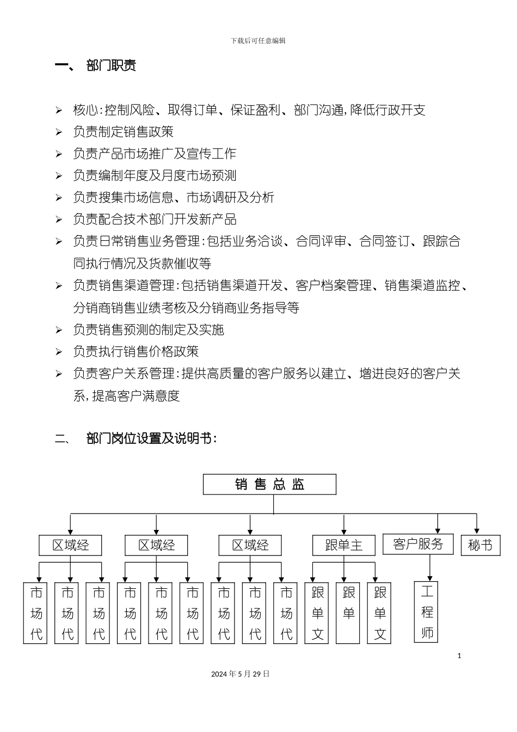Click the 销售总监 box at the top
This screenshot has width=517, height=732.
coord(269,484)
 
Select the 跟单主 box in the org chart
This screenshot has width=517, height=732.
coord(344,545)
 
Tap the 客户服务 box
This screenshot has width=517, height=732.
coord(418,544)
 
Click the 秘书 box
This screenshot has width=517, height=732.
coord(480,545)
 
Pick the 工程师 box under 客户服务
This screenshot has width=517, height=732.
coord(427,612)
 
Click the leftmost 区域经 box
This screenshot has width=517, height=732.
coord(70,545)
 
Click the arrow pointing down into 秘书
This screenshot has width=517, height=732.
coord(477,524)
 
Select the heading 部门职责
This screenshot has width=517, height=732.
coord(111,66)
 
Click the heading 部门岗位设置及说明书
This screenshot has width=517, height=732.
coord(151,438)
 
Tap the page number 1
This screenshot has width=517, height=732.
coord(459,656)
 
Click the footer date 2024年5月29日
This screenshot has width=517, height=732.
coord(241,674)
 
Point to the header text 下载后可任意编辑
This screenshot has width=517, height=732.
coord(258,41)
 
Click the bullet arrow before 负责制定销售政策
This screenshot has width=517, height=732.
coord(59,132)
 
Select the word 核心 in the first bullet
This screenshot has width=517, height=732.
coord(85,110)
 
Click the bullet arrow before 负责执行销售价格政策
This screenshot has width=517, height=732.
coord(59,352)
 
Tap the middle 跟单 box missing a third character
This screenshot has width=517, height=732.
coord(348,613)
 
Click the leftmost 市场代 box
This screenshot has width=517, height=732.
coord(36,613)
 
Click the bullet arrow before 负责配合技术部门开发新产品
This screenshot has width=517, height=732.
coord(59,220)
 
